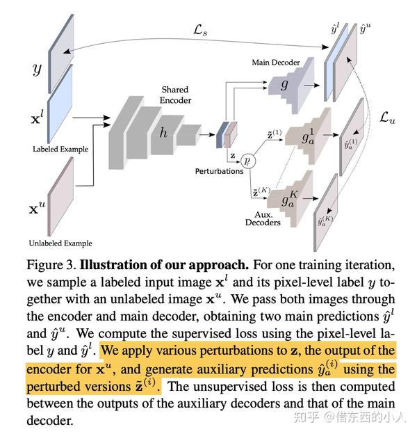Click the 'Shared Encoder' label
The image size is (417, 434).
(x=175, y=95)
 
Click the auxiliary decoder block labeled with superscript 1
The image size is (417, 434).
(x=306, y=136)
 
